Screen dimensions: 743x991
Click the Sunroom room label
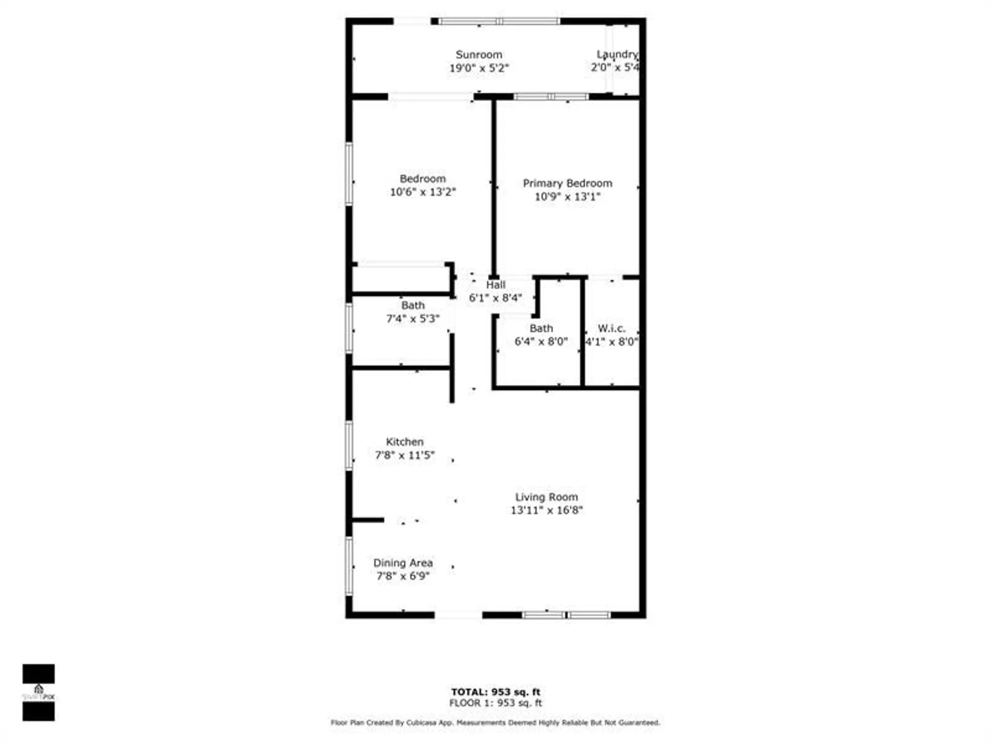pyautogui.click(x=479, y=54)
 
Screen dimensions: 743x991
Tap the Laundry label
pyautogui.click(x=617, y=54)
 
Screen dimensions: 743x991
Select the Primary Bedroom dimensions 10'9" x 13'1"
pyautogui.click(x=567, y=197)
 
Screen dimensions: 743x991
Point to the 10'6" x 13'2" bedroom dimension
pyautogui.click(x=423, y=192)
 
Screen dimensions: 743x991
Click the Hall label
pyautogui.click(x=495, y=285)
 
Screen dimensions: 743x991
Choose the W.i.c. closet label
pyautogui.click(x=611, y=328)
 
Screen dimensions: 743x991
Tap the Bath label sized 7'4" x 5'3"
pyautogui.click(x=413, y=306)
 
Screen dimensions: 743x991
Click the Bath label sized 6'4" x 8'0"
pyautogui.click(x=541, y=328)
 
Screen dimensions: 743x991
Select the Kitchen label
pyautogui.click(x=405, y=442)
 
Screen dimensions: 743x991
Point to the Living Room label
pyautogui.click(x=547, y=497)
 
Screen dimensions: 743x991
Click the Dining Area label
pyautogui.click(x=403, y=563)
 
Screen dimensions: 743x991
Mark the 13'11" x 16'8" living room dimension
pyautogui.click(x=547, y=510)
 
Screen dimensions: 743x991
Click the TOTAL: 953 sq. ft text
pyautogui.click(x=495, y=692)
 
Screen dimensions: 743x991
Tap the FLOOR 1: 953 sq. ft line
pyautogui.click(x=495, y=703)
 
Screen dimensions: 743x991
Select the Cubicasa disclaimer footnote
pyautogui.click(x=495, y=723)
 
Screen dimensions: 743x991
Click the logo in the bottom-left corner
pyautogui.click(x=39, y=692)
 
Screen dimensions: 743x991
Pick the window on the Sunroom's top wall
pyautogui.click(x=499, y=21)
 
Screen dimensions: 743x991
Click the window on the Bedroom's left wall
pyautogui.click(x=349, y=173)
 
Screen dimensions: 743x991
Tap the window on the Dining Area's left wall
pyautogui.click(x=349, y=566)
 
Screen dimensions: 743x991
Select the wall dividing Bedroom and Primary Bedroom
pyautogui.click(x=494, y=188)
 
